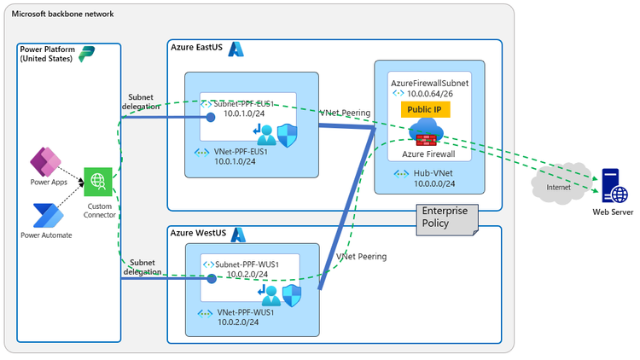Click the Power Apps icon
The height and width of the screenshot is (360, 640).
(x=44, y=161)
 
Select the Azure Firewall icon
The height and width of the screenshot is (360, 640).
(x=425, y=134)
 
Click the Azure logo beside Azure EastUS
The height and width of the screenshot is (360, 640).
(x=236, y=49)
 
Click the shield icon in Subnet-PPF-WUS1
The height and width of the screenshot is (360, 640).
(x=292, y=294)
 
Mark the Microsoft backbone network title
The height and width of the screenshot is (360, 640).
(x=61, y=15)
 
